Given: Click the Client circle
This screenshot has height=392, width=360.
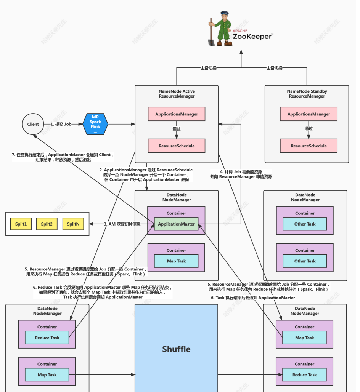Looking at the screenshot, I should point(33,124).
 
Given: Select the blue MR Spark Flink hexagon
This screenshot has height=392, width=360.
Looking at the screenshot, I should point(95,124).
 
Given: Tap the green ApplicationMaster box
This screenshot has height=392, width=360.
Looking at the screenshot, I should point(176,224).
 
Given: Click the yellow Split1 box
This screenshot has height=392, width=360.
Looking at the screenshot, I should point(21,224).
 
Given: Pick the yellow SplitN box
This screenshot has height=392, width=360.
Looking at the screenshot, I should point(73,224).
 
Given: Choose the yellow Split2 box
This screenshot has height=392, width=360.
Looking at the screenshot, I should point(47,224).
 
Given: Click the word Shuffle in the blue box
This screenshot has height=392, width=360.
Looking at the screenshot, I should point(176,349).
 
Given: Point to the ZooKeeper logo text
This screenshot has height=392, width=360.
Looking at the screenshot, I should point(252,37).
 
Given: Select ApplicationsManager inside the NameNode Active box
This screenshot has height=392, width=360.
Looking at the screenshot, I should point(177,114).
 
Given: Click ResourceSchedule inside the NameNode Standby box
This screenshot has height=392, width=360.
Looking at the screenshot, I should point(309,146).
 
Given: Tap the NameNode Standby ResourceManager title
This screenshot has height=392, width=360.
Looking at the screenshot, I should point(307,94).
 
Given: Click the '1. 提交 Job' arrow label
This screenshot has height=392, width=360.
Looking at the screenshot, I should point(61,124).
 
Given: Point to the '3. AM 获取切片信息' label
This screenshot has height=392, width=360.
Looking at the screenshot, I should point(122,224).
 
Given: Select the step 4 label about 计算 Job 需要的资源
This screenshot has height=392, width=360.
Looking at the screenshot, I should point(241,174).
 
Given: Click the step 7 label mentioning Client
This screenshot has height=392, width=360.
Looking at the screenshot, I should point(63,157).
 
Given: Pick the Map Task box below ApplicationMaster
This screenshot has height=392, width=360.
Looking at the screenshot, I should point(177,261).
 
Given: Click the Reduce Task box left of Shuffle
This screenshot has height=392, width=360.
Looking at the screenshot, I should point(47,338).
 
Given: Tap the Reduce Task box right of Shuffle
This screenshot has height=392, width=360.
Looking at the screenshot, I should point(304,375).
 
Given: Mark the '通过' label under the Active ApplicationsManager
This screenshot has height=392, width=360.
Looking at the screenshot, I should point(177,129).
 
